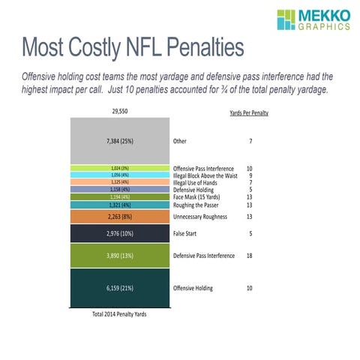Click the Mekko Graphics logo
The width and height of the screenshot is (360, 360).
point(313,20)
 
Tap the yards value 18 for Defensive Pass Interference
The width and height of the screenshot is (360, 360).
point(249,256)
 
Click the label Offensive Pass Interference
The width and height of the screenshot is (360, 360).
point(203,168)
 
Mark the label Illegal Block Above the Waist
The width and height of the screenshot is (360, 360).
point(205,175)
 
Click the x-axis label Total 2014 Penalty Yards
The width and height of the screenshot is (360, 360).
point(119,314)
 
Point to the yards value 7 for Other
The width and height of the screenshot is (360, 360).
point(249,140)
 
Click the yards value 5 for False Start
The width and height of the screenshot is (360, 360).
point(249,234)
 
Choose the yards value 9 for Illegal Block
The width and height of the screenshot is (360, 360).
point(249,175)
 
